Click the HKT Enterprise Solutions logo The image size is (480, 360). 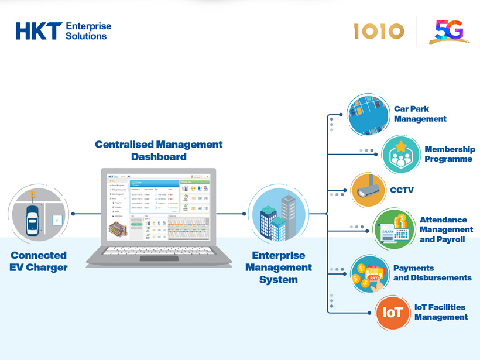(x=63, y=31)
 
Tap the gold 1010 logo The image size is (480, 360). (x=379, y=31)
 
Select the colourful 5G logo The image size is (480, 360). (x=449, y=32)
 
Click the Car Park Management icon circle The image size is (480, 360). (x=369, y=115)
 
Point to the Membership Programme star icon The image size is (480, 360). (x=401, y=155)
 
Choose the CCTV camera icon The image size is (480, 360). (x=369, y=190)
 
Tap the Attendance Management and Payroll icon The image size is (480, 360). (x=394, y=229)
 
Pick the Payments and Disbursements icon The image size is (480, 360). (x=370, y=273)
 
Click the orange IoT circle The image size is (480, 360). (x=392, y=313)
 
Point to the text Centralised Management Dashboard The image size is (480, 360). (x=159, y=150)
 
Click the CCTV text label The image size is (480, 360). (x=402, y=190)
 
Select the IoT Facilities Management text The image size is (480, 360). (x=440, y=312)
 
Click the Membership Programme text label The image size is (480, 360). (x=449, y=154)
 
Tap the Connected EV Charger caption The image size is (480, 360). (x=39, y=261)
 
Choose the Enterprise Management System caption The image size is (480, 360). (x=279, y=268)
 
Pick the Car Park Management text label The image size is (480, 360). (x=420, y=114)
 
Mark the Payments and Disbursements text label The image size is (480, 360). (x=432, y=273)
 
